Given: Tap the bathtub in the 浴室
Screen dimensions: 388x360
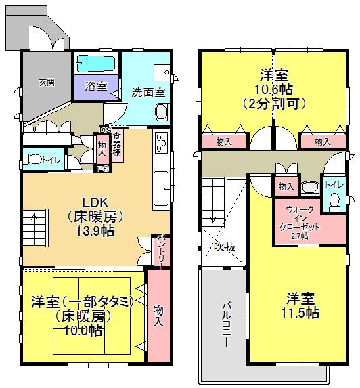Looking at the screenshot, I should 95,64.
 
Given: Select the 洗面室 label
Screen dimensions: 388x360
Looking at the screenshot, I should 145,91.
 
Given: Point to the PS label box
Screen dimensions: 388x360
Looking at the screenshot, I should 103,169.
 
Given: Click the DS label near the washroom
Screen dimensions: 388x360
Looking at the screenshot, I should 105,130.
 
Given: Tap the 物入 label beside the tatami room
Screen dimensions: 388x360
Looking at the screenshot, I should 158,316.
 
